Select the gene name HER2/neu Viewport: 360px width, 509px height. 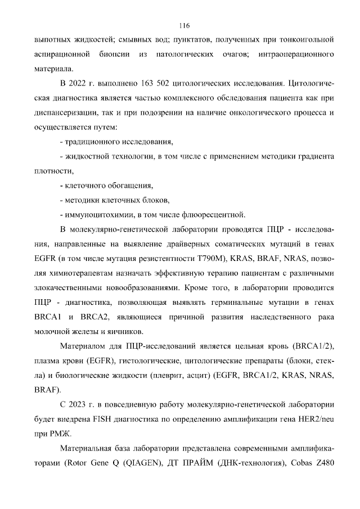[x=316, y=418]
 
